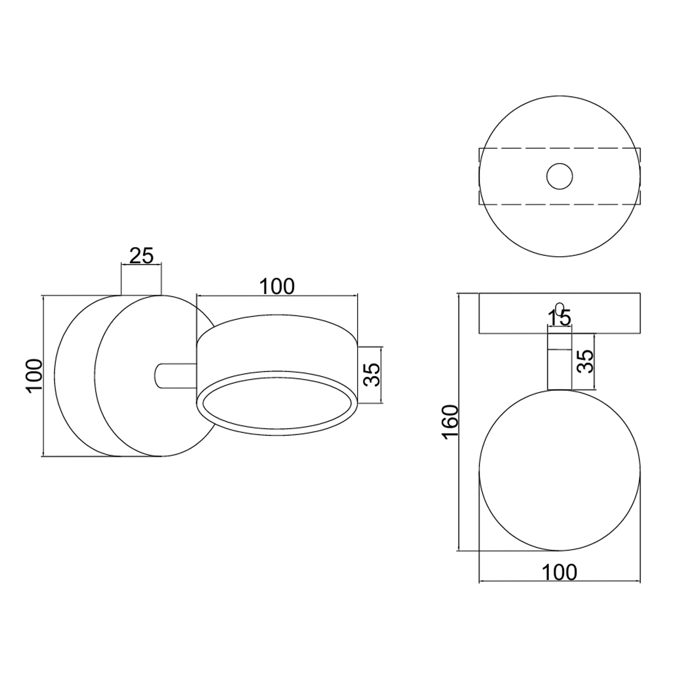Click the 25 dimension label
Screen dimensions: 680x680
pos(141,256)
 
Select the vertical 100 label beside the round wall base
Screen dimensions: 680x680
pos(34,376)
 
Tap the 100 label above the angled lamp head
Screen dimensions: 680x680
pos(277,287)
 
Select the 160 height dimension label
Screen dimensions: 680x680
pos(451,422)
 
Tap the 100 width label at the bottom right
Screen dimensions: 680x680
pos(559,572)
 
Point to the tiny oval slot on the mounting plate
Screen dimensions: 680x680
pos(559,308)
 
